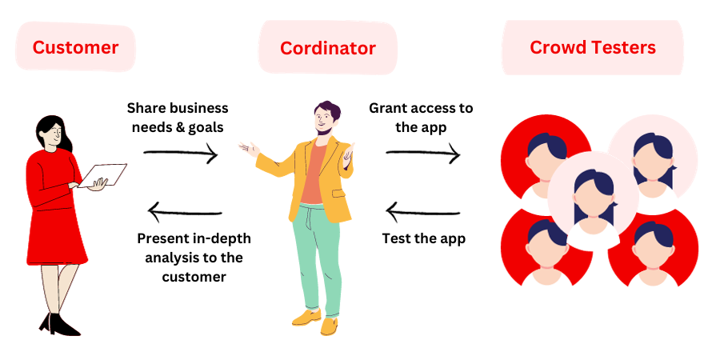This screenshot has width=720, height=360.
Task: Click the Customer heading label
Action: point(75,47)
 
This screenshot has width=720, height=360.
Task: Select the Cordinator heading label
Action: point(327,48)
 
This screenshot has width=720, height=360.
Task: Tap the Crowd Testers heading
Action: point(593,47)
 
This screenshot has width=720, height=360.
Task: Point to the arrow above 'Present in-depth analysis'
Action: point(185,213)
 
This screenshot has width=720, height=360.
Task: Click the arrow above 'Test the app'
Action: point(423,212)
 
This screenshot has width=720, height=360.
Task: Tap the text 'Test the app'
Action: point(424,238)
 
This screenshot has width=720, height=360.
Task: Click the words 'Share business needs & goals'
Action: point(177,118)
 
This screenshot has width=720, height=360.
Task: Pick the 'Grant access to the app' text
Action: point(421,118)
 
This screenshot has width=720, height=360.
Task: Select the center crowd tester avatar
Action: point(593,196)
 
